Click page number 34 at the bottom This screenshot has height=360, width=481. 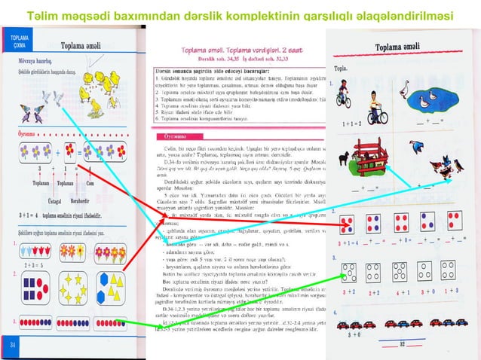[x=12, y=343]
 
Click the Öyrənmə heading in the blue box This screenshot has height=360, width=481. [x=174, y=138]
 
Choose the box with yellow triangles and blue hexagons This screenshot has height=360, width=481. [x=114, y=288]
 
